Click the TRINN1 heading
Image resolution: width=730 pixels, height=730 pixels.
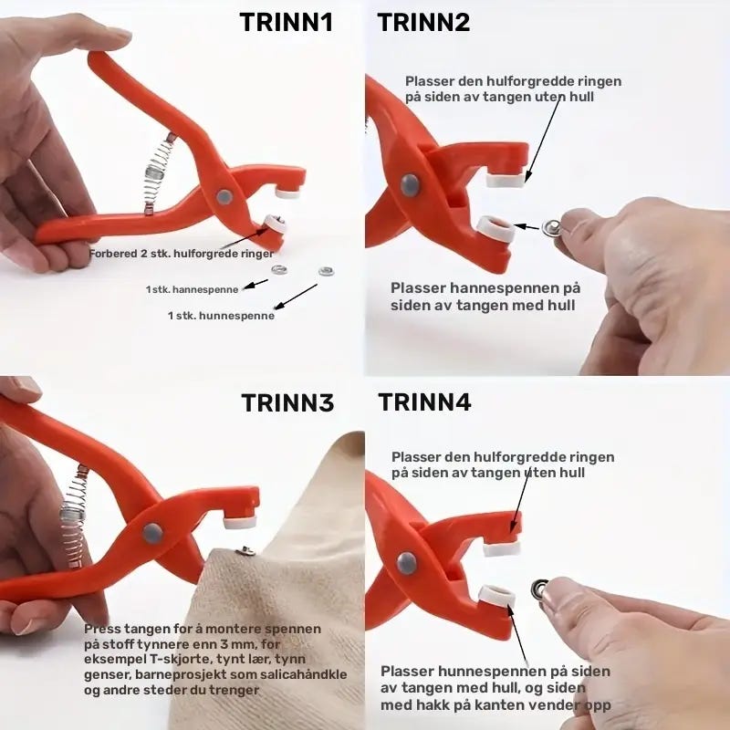[287, 22]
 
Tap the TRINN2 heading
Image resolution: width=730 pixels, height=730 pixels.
[423, 22]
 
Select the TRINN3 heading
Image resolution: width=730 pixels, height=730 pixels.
[287, 403]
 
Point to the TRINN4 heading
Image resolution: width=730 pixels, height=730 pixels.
[424, 401]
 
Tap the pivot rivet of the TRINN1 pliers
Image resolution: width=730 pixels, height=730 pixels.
[224, 197]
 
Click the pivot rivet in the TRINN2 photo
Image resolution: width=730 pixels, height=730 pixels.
[410, 185]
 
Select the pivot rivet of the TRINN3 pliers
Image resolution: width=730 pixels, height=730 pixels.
[152, 533]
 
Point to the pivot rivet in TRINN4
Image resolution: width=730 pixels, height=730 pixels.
[406, 563]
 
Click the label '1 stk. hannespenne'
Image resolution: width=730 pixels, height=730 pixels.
[192, 289]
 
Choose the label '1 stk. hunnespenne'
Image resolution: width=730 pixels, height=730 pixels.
[221, 316]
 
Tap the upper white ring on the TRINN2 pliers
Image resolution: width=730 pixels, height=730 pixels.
[506, 179]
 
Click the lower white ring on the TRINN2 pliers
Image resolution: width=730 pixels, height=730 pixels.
[495, 227]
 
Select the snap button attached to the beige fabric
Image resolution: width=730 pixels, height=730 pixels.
[245, 552]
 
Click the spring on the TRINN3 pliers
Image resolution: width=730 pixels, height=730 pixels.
[75, 516]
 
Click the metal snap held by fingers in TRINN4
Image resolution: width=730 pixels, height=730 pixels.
[540, 589]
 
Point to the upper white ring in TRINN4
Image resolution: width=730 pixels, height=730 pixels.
[501, 548]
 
